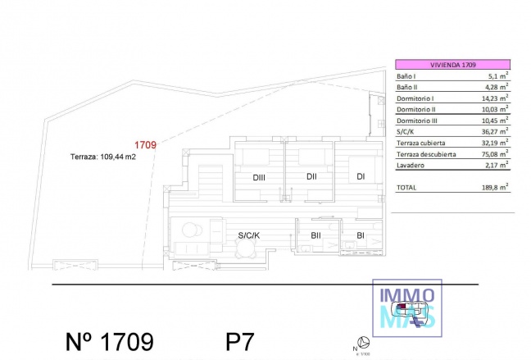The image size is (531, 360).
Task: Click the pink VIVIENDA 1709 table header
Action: (452, 63)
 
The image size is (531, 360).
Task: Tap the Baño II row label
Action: (409, 87)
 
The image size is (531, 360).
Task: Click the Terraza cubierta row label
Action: (422, 142)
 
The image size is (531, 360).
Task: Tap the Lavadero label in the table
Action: (411, 165)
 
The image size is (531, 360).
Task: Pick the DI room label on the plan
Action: (360, 176)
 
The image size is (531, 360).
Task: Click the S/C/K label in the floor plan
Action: (249, 236)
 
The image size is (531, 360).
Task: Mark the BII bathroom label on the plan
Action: (315, 236)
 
